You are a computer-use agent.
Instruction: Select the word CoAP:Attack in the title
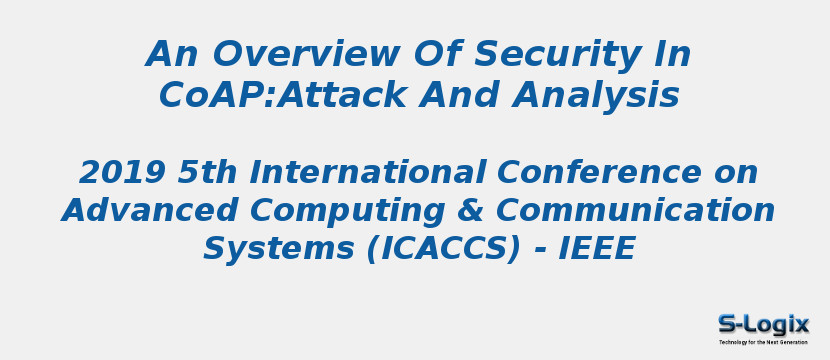pyautogui.click(x=281, y=96)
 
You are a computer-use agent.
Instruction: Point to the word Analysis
pyautogui.click(x=596, y=96)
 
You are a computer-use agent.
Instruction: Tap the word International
pyautogui.click(x=374, y=173)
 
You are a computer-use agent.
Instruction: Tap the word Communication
pyautogui.click(x=634, y=211)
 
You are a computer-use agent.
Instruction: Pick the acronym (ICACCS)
pyautogui.click(x=443, y=248)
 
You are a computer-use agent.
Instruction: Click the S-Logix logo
pyautogui.click(x=763, y=324)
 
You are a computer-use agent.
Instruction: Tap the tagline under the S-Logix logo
pyautogui.click(x=763, y=342)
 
